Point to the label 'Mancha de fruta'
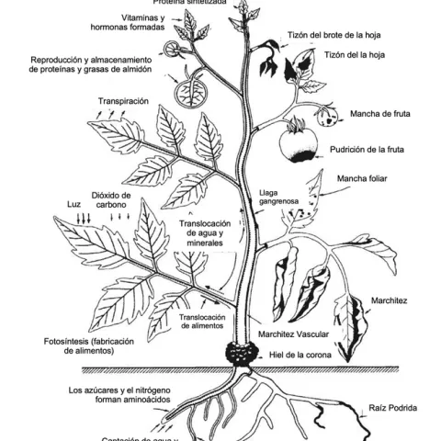click(379, 115)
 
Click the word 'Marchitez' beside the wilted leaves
click(390, 300)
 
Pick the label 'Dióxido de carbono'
click(112, 201)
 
